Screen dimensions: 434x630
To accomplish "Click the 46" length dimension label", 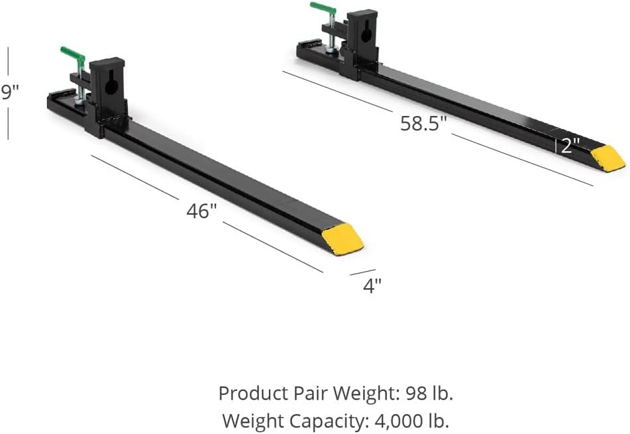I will (x=201, y=211).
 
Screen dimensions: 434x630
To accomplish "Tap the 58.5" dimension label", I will (x=423, y=123).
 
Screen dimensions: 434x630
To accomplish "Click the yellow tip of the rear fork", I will (x=607, y=158).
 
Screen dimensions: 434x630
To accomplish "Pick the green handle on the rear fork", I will (x=323, y=9).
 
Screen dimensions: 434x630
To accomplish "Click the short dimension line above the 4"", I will (x=362, y=272).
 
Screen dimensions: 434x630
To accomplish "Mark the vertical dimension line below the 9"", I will (x=8, y=123).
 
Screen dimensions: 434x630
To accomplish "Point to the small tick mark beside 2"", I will (x=556, y=146).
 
